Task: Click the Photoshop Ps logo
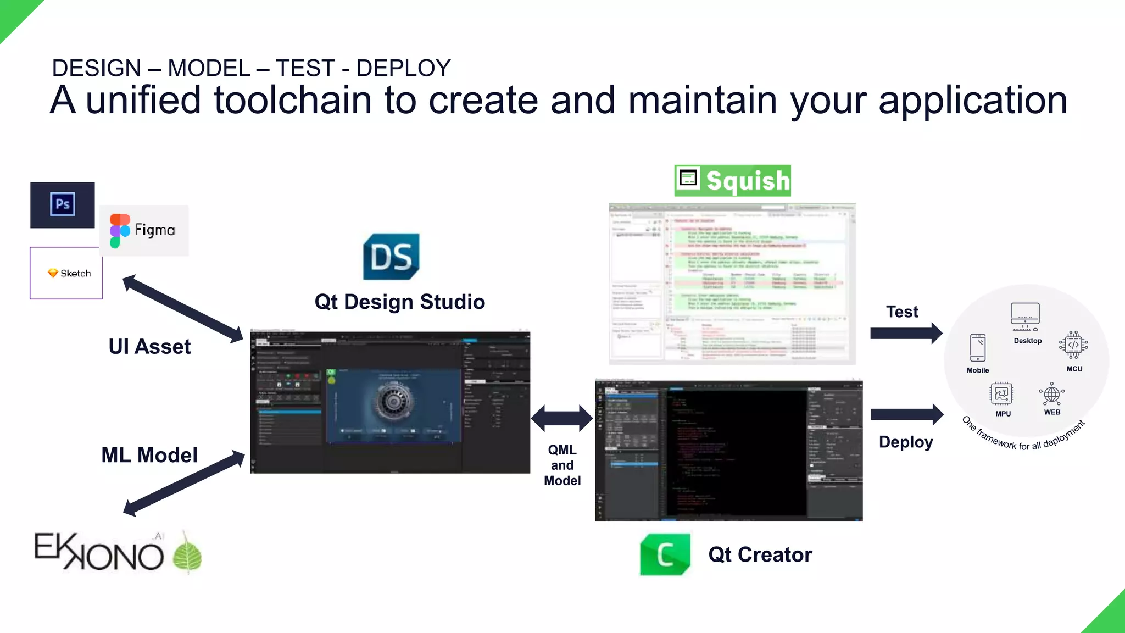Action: [63, 204]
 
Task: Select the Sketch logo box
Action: [66, 273]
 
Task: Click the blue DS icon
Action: [391, 257]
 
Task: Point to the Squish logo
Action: [732, 181]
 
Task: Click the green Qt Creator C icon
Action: [665, 554]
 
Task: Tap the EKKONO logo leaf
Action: [187, 555]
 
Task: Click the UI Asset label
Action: [149, 347]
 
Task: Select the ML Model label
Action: [149, 455]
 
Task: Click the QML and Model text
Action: [562, 465]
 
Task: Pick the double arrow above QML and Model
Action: [562, 419]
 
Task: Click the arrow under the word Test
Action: [906, 333]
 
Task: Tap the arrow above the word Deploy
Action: [907, 414]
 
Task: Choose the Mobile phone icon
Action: [978, 348]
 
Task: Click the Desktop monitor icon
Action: [1025, 316]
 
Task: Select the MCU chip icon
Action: [1073, 345]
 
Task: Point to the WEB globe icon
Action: [1051, 394]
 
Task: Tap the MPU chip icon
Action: [1001, 393]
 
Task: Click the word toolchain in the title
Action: [293, 100]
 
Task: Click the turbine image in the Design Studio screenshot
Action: [393, 401]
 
